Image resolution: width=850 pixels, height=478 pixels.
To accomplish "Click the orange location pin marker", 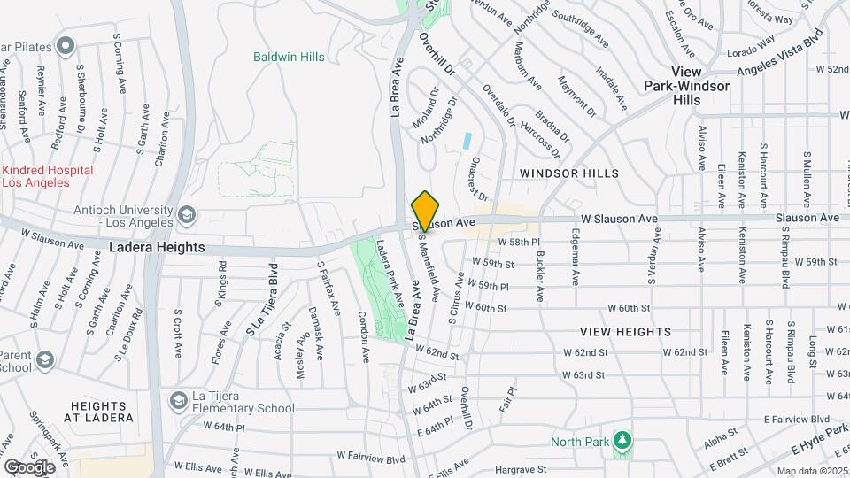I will (x=425, y=211).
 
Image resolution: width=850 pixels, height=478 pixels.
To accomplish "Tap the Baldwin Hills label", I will (x=289, y=58).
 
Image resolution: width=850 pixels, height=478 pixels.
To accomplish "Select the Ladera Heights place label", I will (x=157, y=248).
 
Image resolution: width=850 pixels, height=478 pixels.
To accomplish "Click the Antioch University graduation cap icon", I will (x=187, y=213).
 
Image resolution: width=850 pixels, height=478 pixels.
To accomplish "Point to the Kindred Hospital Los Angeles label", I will (x=48, y=176).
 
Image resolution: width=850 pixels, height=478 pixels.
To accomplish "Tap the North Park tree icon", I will (x=622, y=440).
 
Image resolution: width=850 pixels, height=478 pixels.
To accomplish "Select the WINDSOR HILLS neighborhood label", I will (x=568, y=173).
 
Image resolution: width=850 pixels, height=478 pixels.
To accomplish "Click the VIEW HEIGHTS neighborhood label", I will (x=625, y=331).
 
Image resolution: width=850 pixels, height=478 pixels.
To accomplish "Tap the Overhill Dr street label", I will (x=437, y=54).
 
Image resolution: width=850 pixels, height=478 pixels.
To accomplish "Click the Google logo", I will (x=29, y=466).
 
